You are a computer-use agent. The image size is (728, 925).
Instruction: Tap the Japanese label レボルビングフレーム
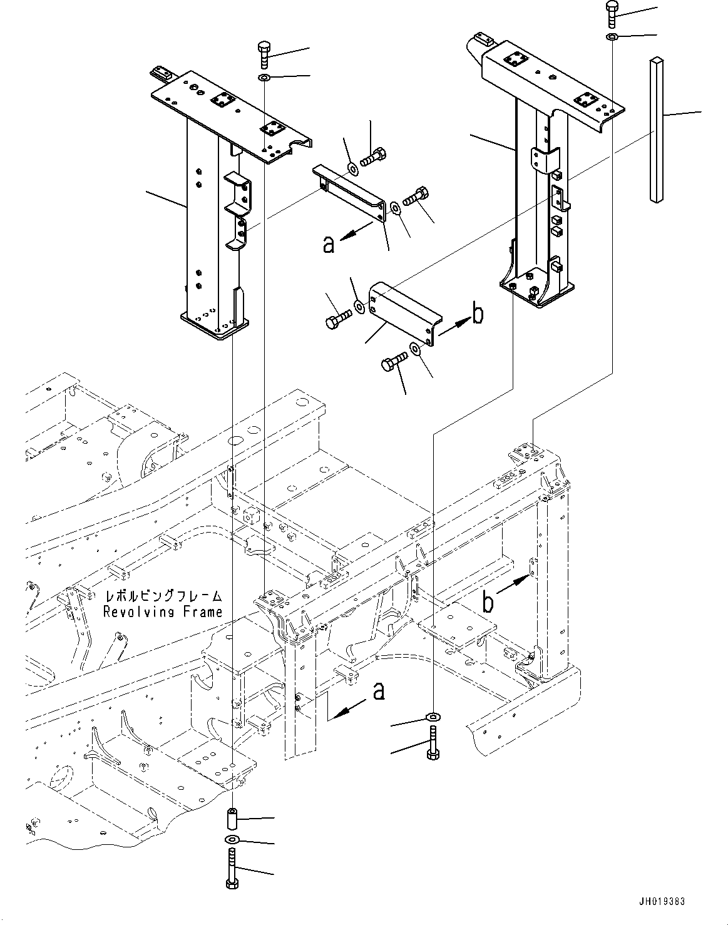[163, 596]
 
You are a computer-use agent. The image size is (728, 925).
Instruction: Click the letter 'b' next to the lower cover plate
[478, 314]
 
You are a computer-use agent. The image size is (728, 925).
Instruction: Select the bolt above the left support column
[264, 55]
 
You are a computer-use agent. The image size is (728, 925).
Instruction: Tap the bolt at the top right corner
[612, 13]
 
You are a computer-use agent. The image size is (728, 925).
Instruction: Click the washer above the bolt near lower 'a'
[433, 717]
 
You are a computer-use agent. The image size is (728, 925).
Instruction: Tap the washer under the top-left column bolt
[264, 78]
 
